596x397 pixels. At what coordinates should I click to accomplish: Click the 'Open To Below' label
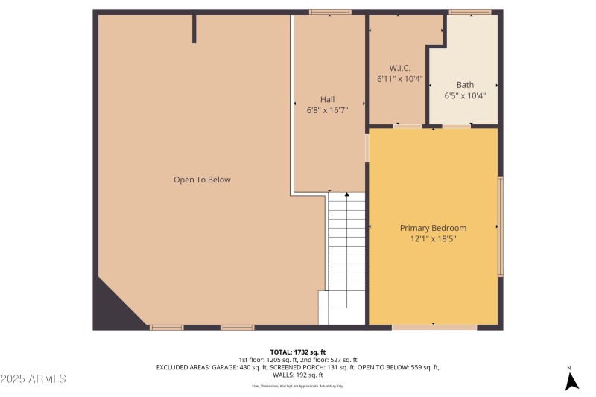click(202, 180)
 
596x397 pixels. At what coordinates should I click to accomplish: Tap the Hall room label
click(327, 99)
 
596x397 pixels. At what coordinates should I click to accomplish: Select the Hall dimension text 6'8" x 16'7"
click(327, 110)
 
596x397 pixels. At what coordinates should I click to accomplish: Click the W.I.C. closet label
click(400, 67)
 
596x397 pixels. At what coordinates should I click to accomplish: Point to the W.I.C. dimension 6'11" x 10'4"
click(400, 77)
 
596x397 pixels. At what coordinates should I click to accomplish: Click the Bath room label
click(465, 85)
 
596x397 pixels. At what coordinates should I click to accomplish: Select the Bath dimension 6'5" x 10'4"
click(465, 95)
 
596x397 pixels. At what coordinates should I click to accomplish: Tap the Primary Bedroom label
click(433, 228)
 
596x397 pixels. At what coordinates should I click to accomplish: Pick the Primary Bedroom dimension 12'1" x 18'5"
click(433, 239)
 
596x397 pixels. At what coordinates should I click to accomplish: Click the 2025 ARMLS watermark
click(34, 379)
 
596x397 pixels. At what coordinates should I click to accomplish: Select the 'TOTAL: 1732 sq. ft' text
click(298, 352)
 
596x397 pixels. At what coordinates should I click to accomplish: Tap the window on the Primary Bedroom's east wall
click(501, 226)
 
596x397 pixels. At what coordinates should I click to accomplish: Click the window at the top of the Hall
click(330, 12)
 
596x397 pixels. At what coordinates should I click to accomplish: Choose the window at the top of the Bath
click(470, 12)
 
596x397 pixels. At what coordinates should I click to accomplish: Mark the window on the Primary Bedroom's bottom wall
click(434, 327)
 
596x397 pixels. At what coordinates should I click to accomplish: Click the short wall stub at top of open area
click(194, 28)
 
